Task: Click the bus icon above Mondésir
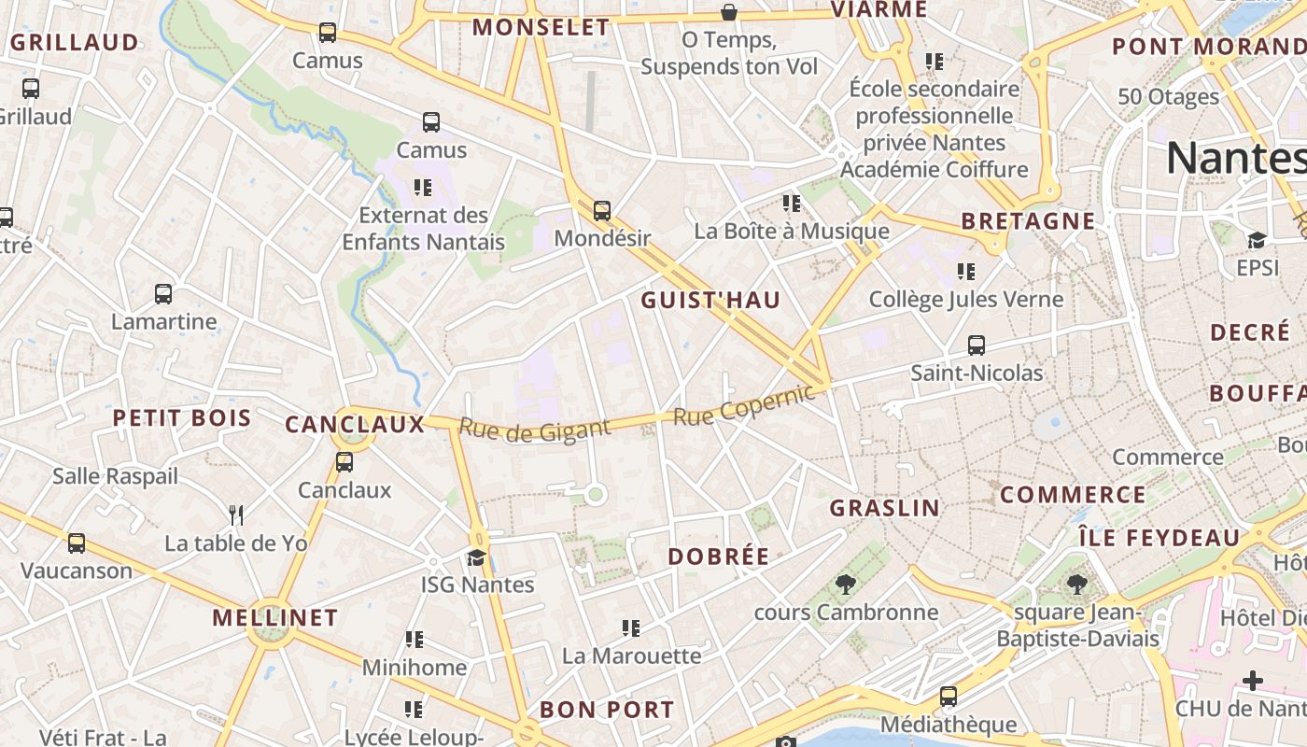602,211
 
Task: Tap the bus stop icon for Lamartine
163,294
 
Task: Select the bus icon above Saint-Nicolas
977,345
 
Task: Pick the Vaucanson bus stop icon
77,543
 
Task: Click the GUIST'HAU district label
710,301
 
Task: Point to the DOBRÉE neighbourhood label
719,557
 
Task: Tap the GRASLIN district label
885,508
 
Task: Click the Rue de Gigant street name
534,430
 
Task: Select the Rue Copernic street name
744,406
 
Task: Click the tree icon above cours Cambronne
846,585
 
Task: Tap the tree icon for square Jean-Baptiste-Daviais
1076,585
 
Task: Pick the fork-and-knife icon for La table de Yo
236,514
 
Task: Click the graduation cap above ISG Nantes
477,558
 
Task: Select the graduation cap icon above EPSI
1257,241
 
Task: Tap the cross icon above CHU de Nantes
1253,681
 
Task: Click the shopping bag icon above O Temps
729,12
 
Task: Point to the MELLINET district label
274,618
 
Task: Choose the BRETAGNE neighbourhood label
1028,221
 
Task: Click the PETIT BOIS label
182,418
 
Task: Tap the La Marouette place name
631,655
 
